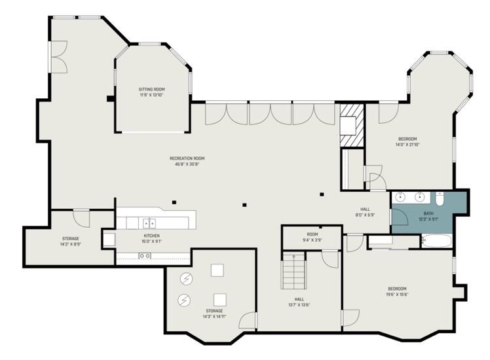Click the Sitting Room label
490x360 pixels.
click(x=151, y=92)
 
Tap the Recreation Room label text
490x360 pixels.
click(x=187, y=161)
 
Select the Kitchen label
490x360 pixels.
click(x=151, y=238)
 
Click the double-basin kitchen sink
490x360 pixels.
click(x=150, y=223)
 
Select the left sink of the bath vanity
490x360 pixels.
click(x=400, y=196)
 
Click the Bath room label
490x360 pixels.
click(x=428, y=215)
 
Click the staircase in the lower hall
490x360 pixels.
click(x=293, y=272)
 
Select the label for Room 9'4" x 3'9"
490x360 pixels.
click(x=312, y=236)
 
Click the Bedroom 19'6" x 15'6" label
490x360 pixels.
click(x=397, y=291)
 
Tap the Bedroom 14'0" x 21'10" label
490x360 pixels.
click(x=407, y=141)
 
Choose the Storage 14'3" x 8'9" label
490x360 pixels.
click(x=71, y=241)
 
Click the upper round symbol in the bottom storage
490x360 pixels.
click(x=187, y=278)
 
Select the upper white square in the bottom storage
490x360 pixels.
click(x=217, y=269)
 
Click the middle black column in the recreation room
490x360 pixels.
click(x=244, y=204)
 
